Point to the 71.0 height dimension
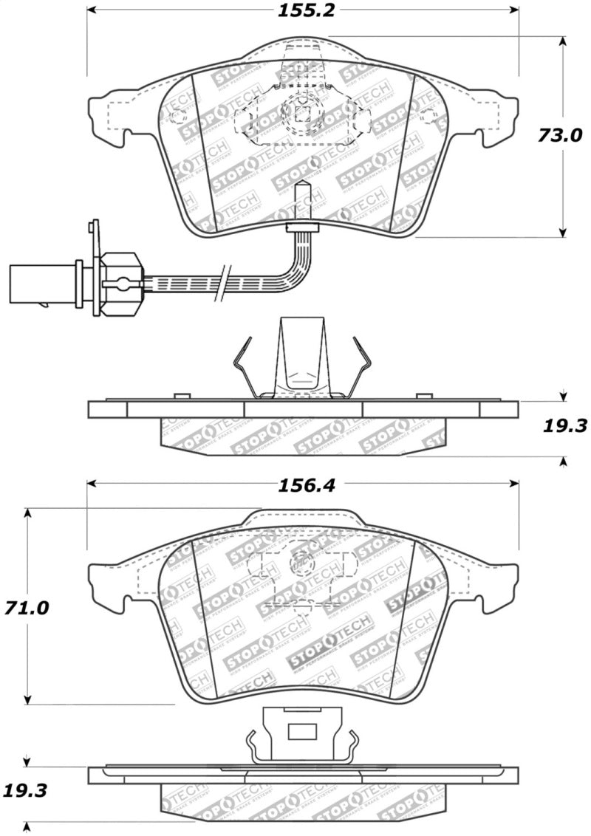click(28, 608)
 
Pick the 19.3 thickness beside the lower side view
click(28, 791)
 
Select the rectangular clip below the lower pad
click(301, 732)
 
